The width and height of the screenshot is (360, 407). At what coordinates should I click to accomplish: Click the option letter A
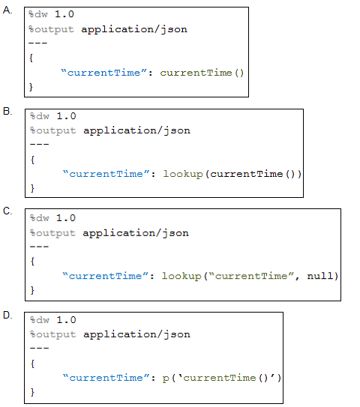pos(7,10)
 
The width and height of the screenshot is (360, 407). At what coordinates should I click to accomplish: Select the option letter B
pos(7,112)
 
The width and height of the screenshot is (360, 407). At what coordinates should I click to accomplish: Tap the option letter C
pos(7,211)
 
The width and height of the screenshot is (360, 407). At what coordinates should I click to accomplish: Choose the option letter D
pos(7,315)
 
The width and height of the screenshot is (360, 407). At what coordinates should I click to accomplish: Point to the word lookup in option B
pos(183,174)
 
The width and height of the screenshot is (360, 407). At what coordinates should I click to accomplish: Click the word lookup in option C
pos(181,276)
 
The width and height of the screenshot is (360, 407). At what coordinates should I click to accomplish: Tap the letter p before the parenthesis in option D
pos(166,379)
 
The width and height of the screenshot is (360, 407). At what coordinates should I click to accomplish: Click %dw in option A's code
pos(38,14)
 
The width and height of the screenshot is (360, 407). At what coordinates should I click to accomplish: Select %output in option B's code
pos(52,130)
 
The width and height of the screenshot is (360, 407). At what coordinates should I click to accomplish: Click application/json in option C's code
pos(136,233)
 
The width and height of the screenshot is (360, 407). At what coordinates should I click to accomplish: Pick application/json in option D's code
pos(136,334)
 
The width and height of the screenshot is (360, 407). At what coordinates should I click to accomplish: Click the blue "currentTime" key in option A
pos(104,73)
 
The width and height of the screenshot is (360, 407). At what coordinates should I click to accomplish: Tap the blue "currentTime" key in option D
pos(106,378)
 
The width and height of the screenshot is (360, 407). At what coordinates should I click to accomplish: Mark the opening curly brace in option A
pos(31,58)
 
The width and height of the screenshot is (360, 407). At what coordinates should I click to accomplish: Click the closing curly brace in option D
pos(32,392)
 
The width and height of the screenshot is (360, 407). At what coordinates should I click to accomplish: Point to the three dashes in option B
pos(39,145)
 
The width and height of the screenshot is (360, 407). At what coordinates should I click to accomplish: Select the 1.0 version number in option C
pos(66,218)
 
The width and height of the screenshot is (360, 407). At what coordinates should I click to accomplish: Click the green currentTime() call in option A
pos(202,73)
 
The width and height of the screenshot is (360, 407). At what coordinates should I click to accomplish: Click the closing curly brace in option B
pos(32,188)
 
